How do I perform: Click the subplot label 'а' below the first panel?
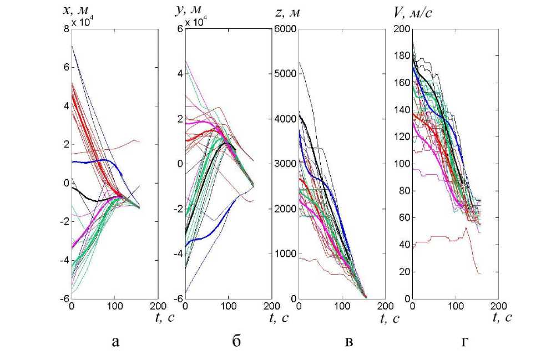(115, 342)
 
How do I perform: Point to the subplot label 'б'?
(236, 342)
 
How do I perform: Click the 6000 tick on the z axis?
(285, 29)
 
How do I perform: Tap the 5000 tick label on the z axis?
(285, 74)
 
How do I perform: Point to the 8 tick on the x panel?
(66, 29)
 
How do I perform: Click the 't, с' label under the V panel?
(502, 318)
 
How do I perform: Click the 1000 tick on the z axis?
(285, 253)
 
